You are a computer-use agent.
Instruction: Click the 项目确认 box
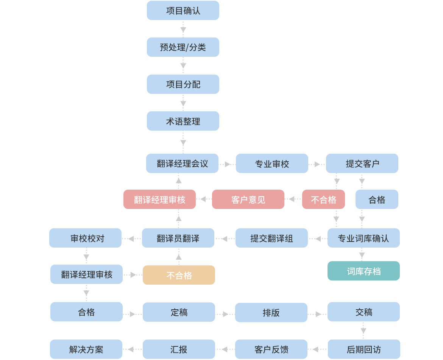pos(183,11)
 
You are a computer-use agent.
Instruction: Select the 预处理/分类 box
pos(183,47)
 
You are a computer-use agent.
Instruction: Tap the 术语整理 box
pos(183,121)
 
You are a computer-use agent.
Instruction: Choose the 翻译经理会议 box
pos(182,164)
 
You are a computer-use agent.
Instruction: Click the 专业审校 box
pos(272,164)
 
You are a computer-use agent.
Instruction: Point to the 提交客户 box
pos(362,164)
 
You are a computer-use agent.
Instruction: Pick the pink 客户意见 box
pos(248,199)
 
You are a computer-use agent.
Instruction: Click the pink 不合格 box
pos(323,199)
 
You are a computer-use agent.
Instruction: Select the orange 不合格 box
pos(179,275)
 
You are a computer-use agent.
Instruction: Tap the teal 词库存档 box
pos(363,271)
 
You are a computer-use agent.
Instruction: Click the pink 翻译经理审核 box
pos(159,199)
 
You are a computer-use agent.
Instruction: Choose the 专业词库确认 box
pos(363,238)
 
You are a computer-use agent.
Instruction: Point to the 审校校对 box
pos(85,238)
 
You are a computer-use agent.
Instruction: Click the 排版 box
pos(271,313)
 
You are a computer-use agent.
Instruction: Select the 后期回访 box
pos(364,349)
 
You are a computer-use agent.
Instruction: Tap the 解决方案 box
pos(86,349)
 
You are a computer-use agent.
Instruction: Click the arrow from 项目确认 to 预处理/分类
pos(183,29)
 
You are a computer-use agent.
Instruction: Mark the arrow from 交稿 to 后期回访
pos(363,330)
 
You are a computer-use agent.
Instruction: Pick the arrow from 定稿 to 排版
pos(225,314)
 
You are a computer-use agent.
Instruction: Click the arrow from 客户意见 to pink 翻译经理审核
pos(203,199)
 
